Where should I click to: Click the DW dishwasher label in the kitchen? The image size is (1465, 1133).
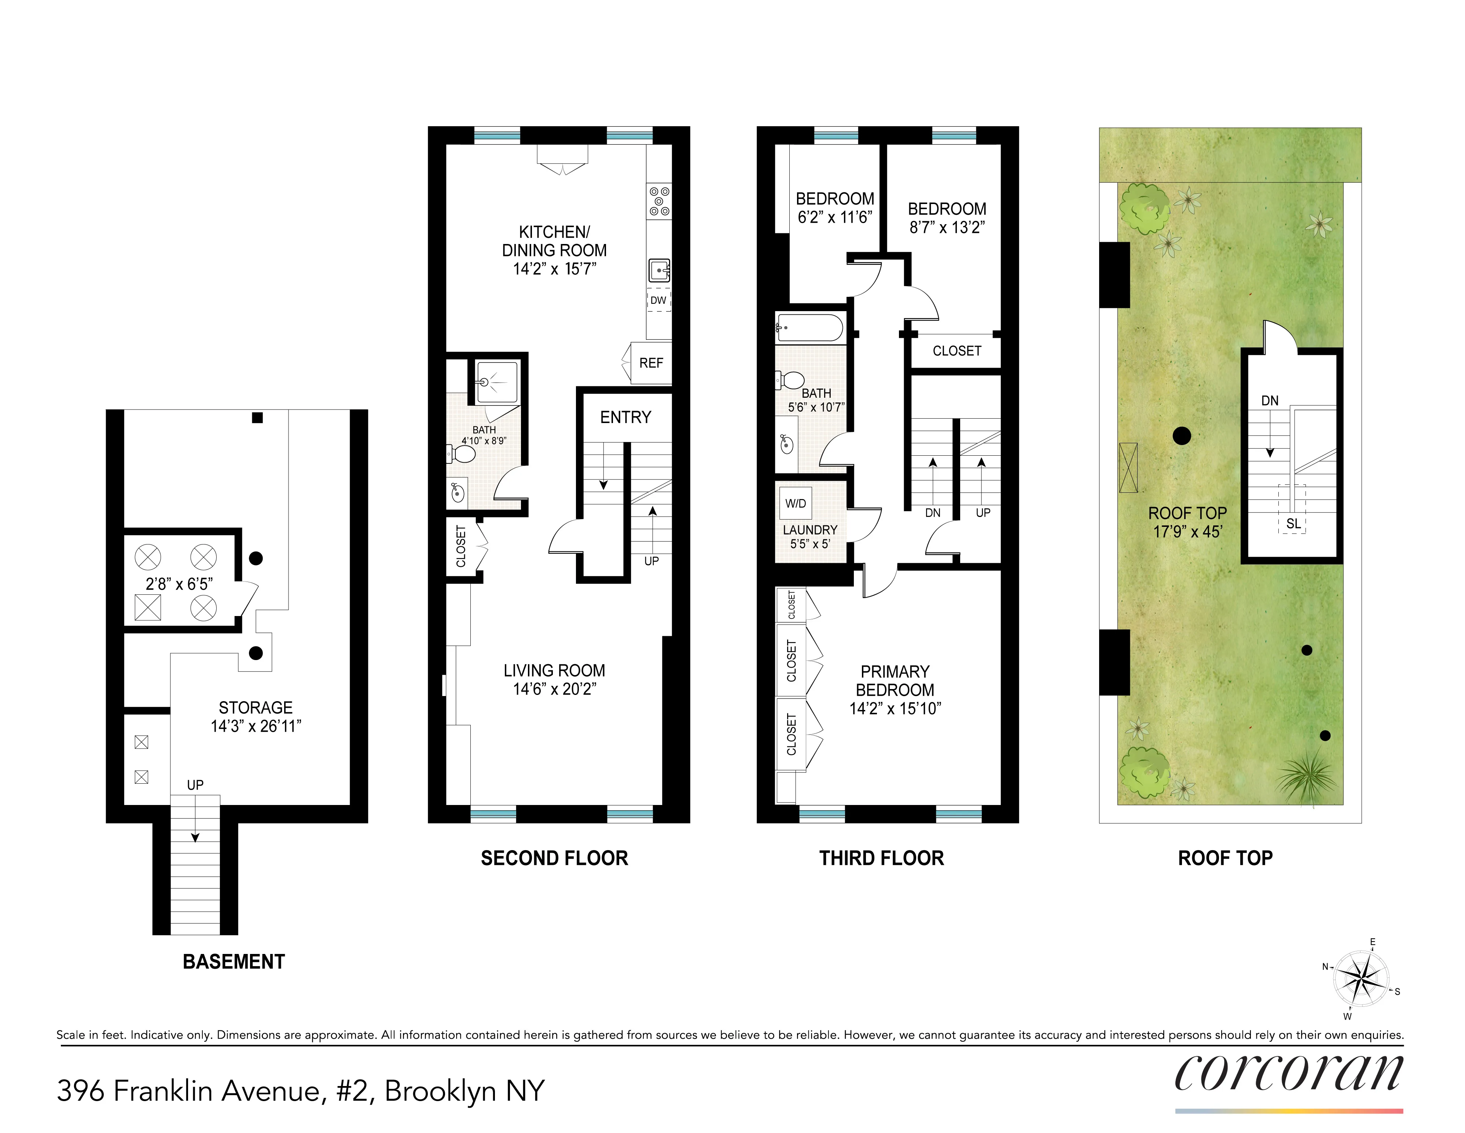point(658,300)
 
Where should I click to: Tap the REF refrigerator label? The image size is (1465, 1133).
point(651,363)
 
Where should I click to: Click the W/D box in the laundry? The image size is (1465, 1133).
point(796,503)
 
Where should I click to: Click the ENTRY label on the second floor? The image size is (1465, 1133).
point(625,418)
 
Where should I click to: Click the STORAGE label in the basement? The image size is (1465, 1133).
point(256,707)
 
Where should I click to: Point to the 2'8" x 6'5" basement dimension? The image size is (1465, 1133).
point(179,584)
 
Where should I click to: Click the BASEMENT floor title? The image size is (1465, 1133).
point(234,962)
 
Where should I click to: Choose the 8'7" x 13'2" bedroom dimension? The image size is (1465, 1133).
point(947,227)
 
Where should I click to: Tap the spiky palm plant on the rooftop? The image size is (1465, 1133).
point(1307,777)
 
